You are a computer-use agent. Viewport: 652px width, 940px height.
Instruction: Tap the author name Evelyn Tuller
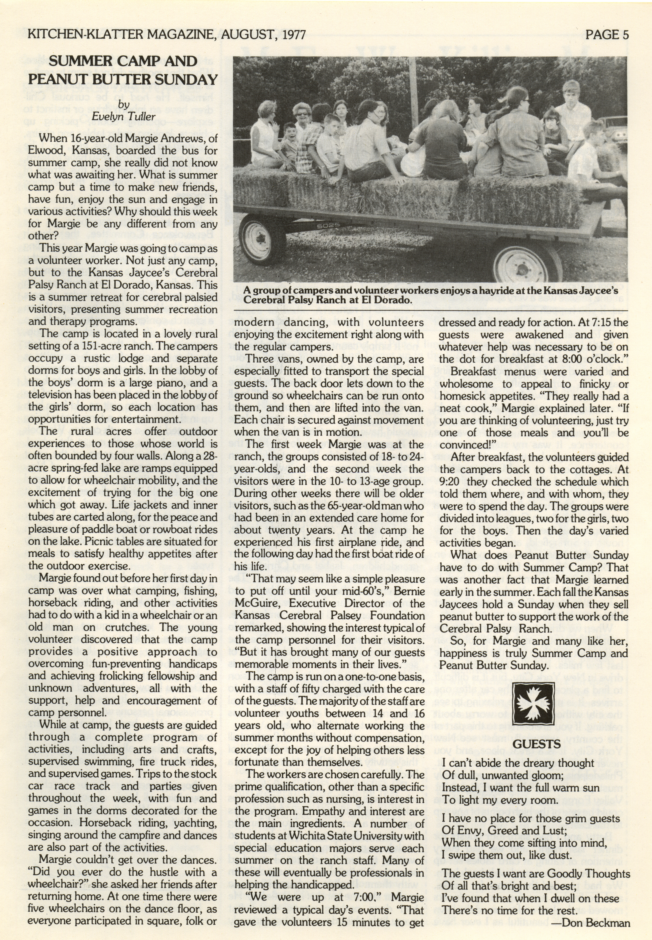pos(124,117)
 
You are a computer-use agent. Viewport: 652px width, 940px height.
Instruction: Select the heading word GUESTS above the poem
pos(536,744)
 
